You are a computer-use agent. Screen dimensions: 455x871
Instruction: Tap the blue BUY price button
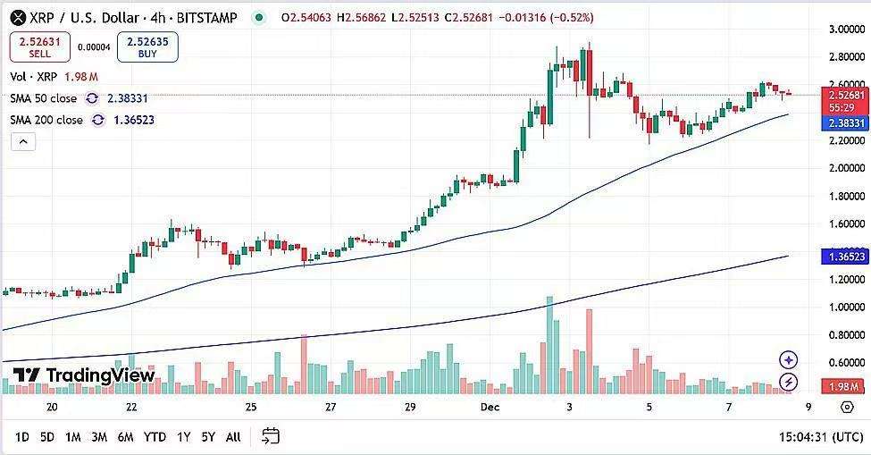click(147, 46)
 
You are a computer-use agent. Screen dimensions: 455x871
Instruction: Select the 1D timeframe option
click(22, 436)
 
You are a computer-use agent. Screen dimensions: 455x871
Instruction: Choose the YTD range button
click(155, 436)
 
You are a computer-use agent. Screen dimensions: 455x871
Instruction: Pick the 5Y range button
click(208, 436)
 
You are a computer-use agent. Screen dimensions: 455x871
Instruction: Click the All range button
click(233, 436)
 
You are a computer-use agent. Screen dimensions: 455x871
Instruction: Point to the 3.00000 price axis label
click(844, 29)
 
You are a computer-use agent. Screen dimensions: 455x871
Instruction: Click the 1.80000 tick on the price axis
click(844, 196)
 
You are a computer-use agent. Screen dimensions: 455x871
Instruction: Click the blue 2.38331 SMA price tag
click(843, 122)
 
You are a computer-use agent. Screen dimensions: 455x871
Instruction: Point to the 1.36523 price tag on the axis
click(843, 257)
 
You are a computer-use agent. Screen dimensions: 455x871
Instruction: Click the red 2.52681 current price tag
click(843, 95)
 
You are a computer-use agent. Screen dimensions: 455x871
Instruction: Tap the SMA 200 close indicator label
click(46, 120)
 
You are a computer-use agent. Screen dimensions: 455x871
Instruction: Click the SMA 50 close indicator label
click(44, 98)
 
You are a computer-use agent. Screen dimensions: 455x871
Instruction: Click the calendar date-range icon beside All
click(271, 436)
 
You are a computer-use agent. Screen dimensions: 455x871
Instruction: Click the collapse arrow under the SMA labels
click(22, 141)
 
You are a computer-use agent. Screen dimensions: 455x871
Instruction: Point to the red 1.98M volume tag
click(843, 386)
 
